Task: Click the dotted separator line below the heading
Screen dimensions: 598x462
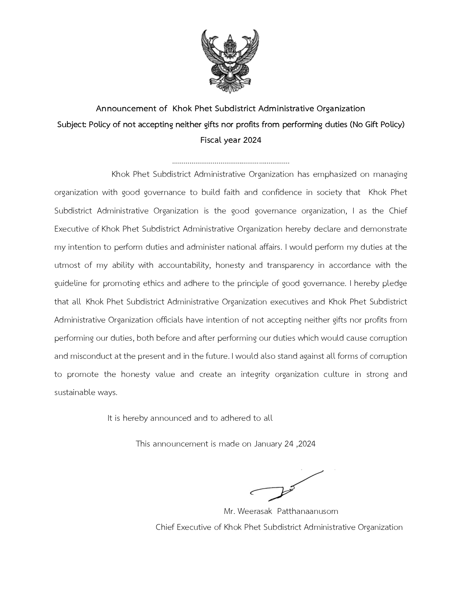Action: click(231, 163)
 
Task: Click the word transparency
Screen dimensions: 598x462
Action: click(290, 265)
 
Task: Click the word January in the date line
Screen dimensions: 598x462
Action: click(269, 444)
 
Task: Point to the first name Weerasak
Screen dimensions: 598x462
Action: click(255, 511)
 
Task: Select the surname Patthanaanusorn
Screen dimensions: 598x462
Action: click(308, 511)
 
